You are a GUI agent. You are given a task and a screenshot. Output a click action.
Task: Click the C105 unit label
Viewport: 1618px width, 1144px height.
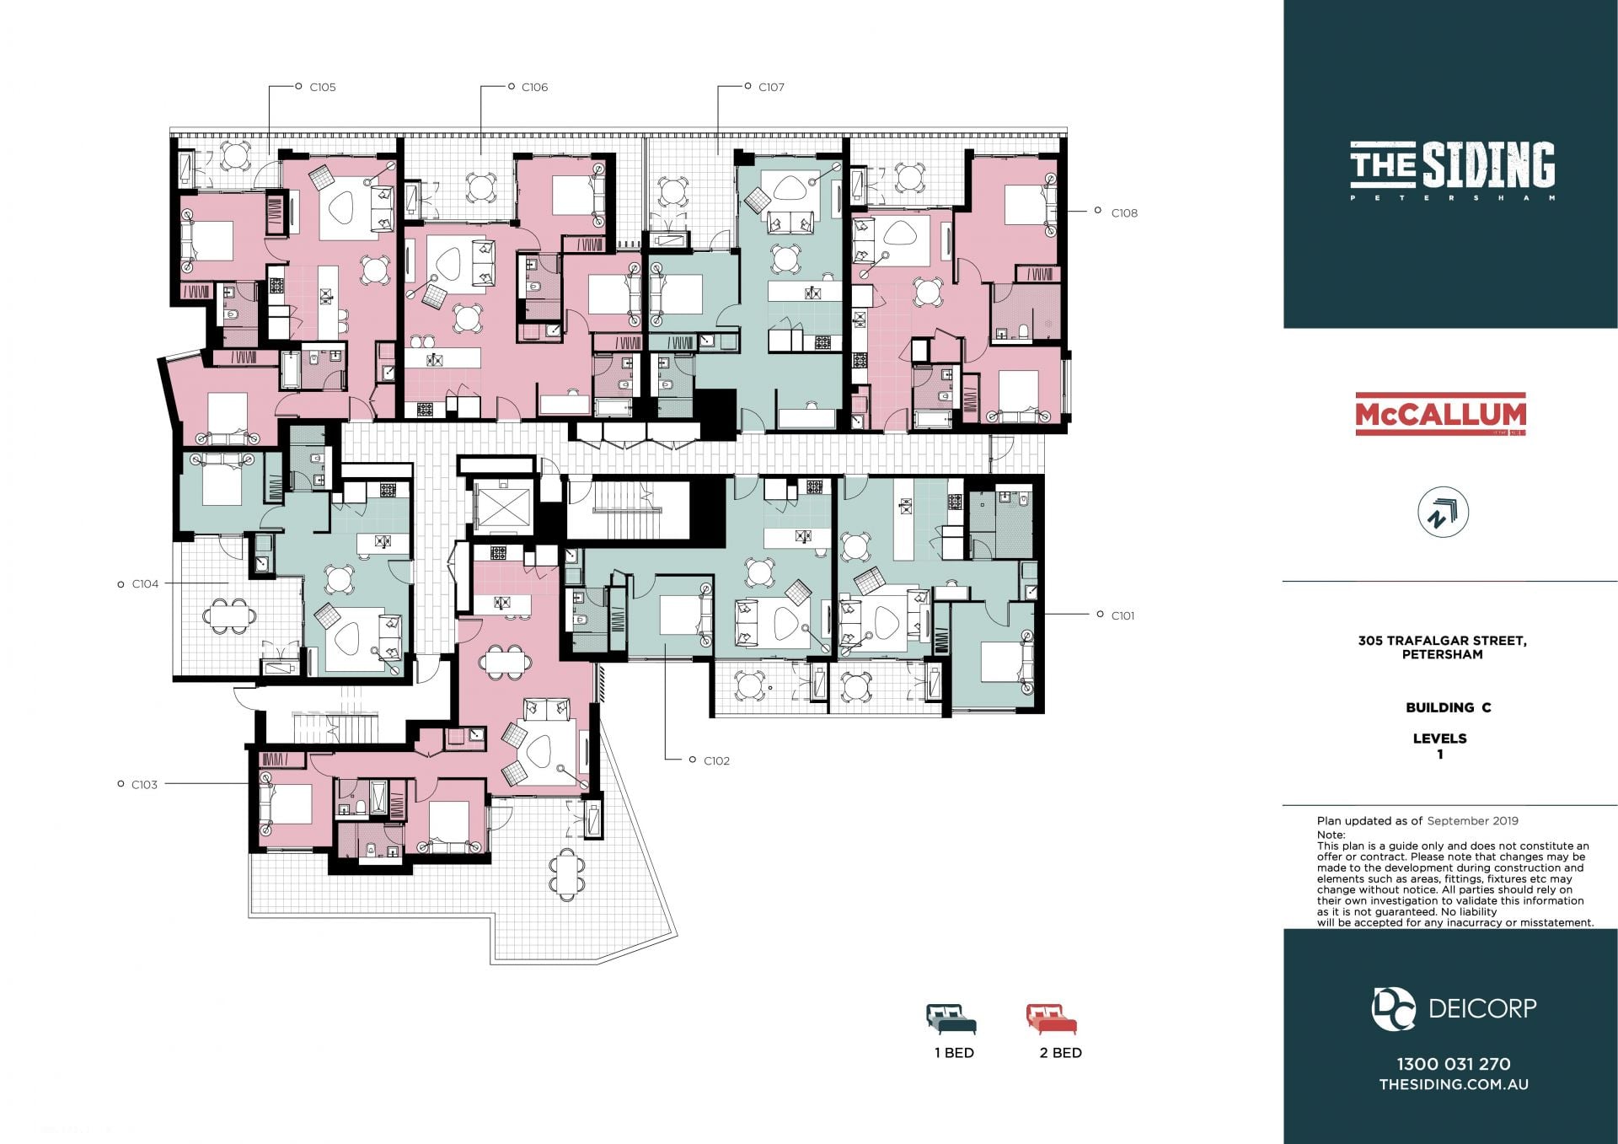coord(323,87)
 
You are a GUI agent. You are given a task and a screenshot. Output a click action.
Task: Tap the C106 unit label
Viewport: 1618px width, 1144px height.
coord(534,87)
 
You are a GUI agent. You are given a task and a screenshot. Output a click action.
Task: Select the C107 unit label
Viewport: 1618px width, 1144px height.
coord(771,87)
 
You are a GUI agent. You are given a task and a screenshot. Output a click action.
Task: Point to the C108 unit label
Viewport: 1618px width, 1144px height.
coord(1124,213)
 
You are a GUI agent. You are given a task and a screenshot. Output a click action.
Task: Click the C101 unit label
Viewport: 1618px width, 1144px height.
coord(1122,615)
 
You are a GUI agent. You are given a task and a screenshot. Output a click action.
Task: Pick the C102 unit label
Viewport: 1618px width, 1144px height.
coord(716,760)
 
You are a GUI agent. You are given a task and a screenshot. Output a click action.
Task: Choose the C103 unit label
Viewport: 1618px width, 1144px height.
coord(144,784)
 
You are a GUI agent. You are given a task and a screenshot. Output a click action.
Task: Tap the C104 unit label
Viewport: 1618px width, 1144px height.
coord(145,583)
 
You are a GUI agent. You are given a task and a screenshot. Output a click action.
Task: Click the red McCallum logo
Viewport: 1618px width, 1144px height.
coord(1440,414)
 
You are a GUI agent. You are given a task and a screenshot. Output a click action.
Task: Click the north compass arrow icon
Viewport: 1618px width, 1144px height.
coord(1443,513)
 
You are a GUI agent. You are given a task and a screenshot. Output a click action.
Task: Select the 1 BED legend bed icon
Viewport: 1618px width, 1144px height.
coord(951,1019)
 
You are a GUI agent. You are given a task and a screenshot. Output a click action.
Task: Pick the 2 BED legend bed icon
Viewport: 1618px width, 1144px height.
coord(1052,1019)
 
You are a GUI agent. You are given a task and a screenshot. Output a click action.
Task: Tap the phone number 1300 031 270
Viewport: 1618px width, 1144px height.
coord(1454,1064)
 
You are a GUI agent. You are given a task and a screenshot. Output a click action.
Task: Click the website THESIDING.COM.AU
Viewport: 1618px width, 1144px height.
coord(1454,1084)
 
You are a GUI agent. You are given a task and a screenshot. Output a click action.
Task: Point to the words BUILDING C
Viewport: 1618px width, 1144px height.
coord(1448,707)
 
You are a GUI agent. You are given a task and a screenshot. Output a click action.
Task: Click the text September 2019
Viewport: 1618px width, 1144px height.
coord(1472,820)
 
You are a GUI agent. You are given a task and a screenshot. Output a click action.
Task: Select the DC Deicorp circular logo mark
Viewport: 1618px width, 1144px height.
coord(1393,1008)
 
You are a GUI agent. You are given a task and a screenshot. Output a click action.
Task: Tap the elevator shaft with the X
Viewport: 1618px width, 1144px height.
coord(502,507)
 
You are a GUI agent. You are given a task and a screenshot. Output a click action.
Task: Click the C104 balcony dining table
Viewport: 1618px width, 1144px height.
coord(229,615)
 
